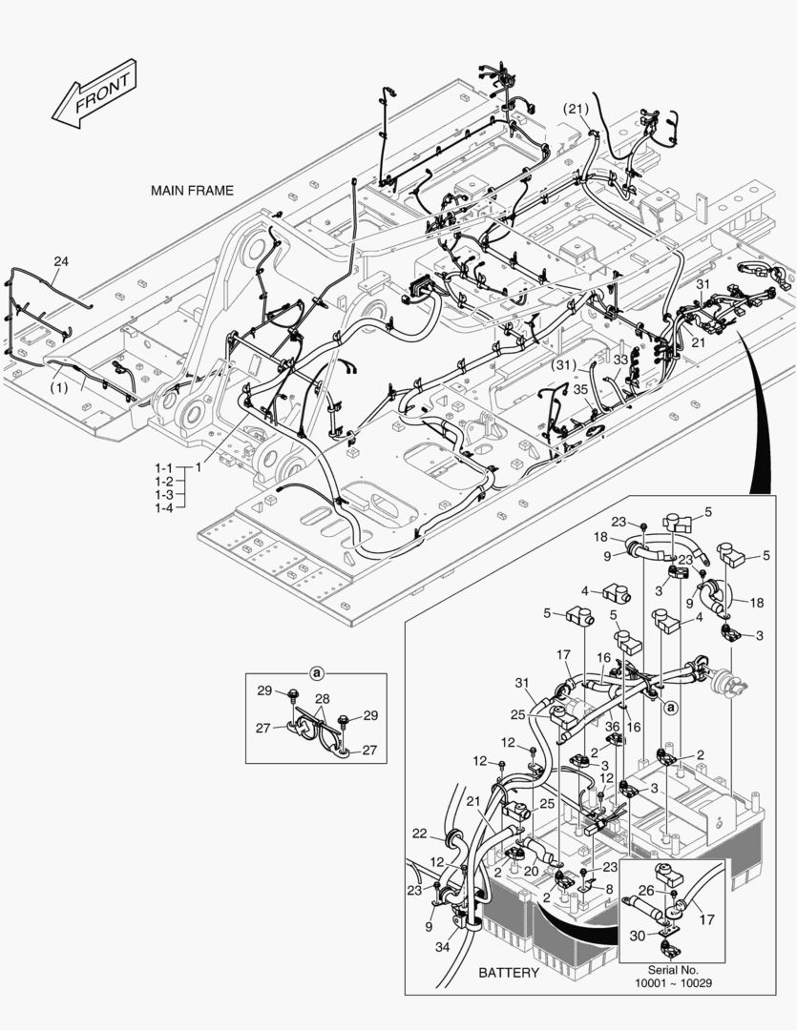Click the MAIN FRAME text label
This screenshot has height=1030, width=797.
click(192, 191)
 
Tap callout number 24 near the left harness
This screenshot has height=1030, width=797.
click(61, 261)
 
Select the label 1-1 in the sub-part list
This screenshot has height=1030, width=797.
click(164, 468)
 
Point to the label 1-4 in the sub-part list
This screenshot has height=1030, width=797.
click(164, 508)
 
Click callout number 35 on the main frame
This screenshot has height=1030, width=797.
click(579, 388)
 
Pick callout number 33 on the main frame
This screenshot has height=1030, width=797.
click(621, 360)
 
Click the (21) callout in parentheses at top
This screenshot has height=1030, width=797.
click(577, 108)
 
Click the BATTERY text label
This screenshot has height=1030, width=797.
click(509, 973)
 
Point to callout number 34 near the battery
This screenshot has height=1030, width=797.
click(442, 947)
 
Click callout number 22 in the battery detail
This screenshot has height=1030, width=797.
click(420, 834)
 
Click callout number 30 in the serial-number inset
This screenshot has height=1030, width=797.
click(638, 937)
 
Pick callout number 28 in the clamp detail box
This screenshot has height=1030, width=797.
click(323, 700)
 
